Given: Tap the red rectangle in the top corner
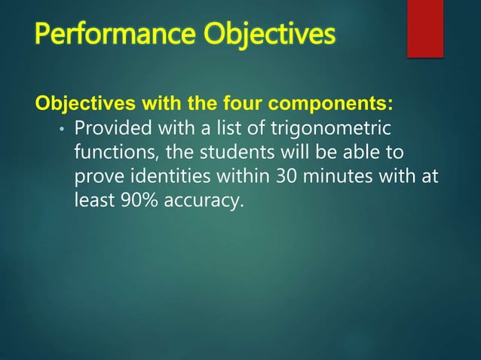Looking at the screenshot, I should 424,28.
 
